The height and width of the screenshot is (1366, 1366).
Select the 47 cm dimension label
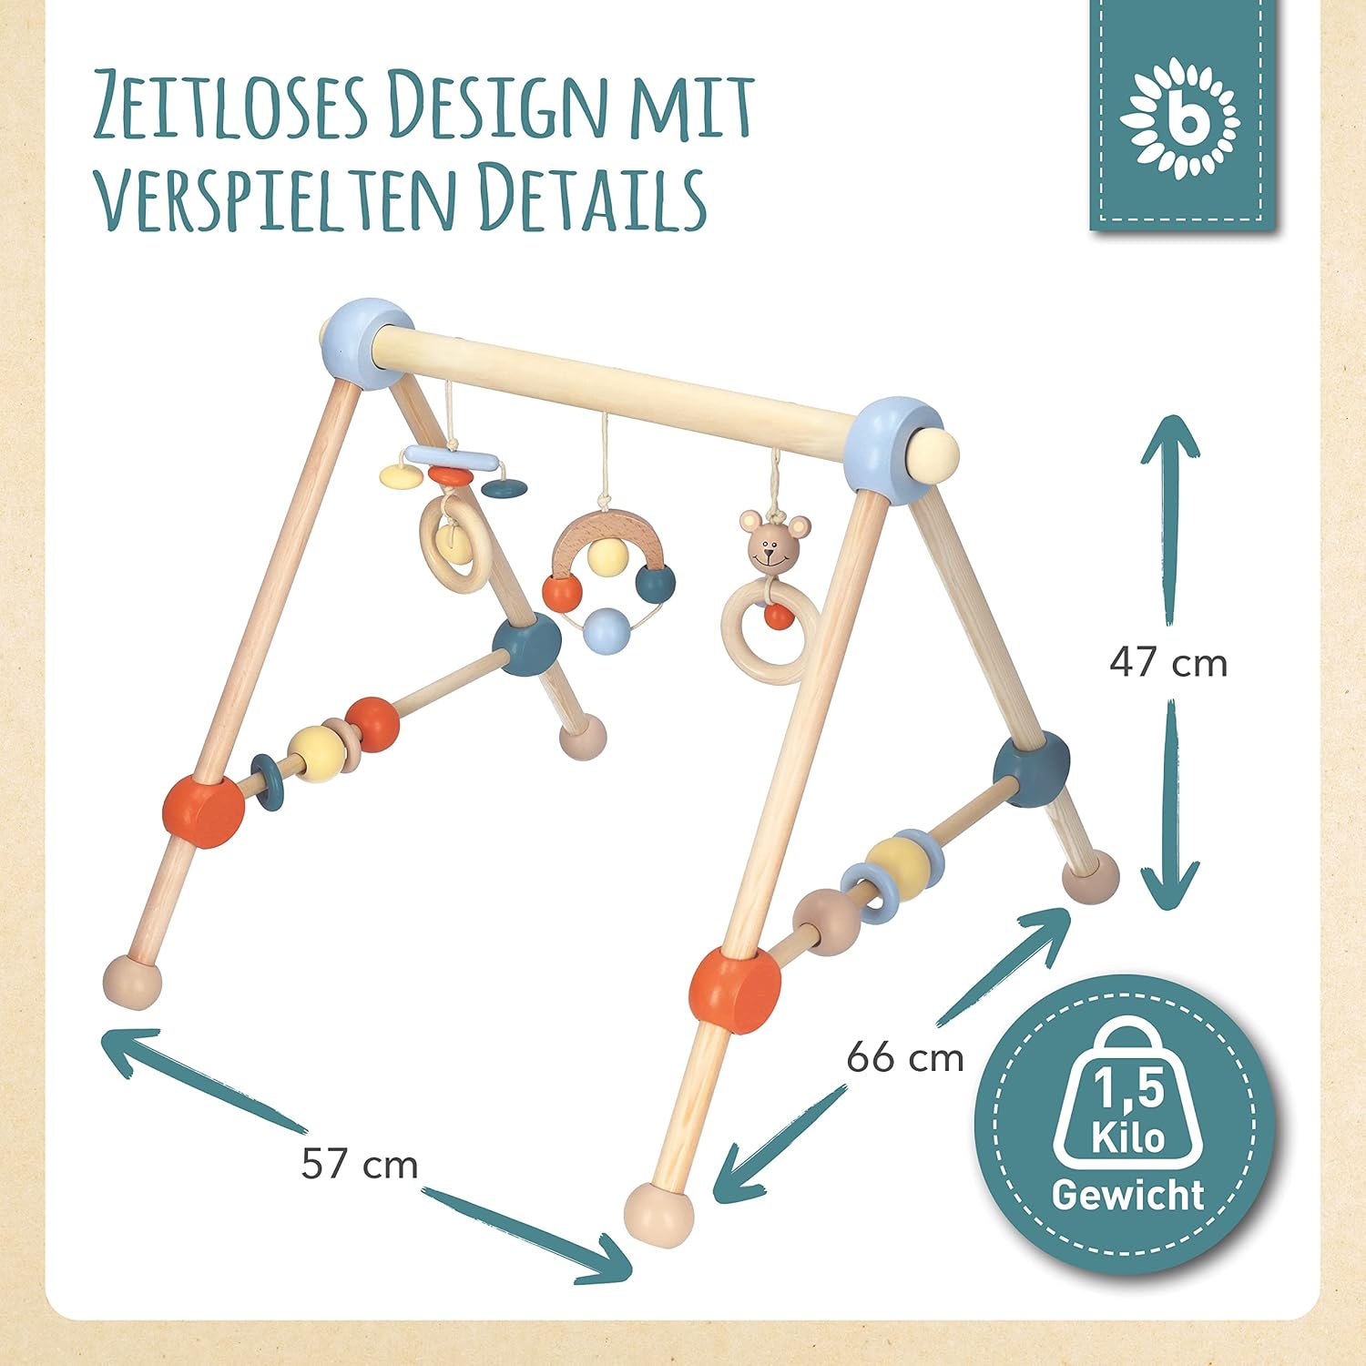click(x=1168, y=663)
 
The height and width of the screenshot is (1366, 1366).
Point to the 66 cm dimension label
click(x=905, y=1058)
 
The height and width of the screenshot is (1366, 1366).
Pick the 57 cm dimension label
click(x=360, y=1165)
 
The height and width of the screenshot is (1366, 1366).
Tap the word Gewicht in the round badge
click(x=1128, y=1194)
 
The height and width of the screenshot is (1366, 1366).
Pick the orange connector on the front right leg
click(x=735, y=990)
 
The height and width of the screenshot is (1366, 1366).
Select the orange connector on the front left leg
click(x=204, y=810)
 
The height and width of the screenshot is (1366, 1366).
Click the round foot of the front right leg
click(x=658, y=1216)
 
